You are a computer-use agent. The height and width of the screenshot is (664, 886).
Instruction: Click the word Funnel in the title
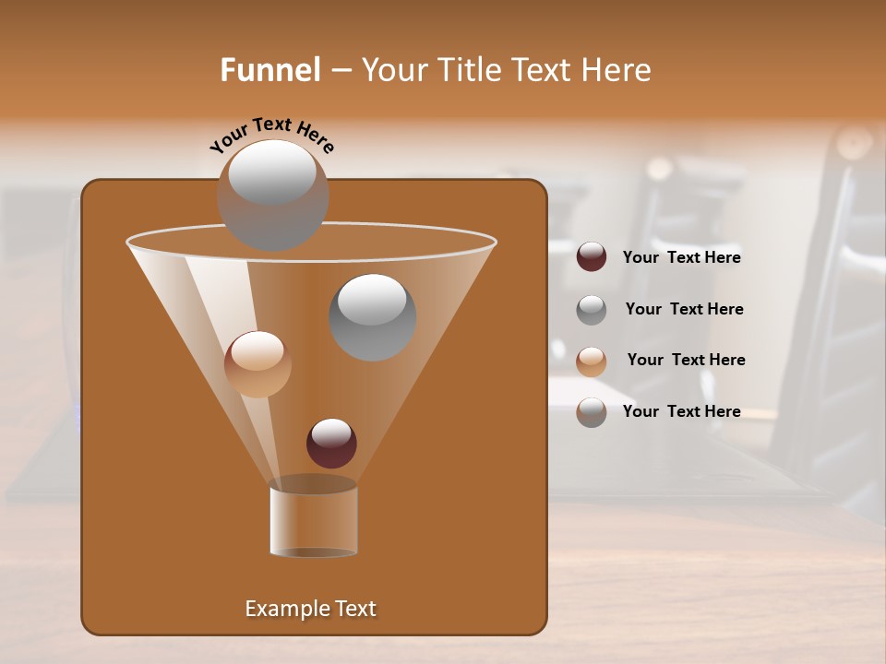269,70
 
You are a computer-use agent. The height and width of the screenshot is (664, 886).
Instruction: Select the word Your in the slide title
393,70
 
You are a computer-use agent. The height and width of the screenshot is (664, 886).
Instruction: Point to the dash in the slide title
340,70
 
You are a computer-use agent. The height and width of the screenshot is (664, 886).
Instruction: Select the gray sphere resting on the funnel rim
272,196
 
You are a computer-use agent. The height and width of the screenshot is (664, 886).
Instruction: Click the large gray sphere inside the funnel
373,317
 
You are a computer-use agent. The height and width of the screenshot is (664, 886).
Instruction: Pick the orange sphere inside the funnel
257,364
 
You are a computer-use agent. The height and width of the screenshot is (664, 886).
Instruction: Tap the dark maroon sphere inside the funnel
331,444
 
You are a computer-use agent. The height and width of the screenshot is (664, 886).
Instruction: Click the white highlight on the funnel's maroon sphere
331,432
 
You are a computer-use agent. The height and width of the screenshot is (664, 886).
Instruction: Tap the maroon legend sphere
592,257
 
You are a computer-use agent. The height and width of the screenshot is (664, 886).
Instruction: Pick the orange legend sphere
592,362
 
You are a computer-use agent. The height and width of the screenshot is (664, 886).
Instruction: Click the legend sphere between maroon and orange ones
592,310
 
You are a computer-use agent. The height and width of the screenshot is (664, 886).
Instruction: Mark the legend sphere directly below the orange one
592,412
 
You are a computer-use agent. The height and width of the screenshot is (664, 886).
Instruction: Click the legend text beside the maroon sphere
681,258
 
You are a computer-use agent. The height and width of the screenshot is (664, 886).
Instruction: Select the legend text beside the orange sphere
686,361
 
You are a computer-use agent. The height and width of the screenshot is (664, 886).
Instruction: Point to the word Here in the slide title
616,70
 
